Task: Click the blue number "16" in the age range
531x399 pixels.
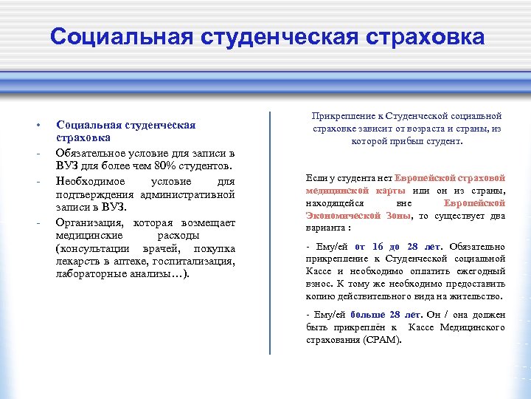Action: click(378, 246)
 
